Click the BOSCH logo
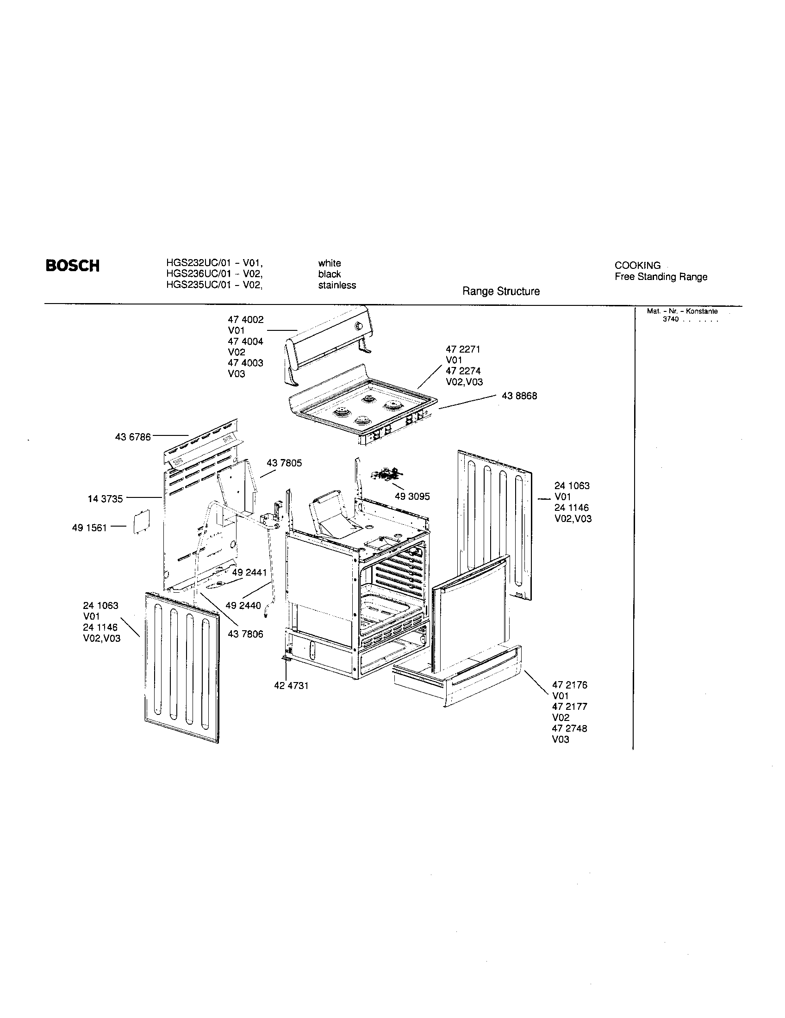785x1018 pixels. (72, 266)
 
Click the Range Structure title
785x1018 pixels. (501, 292)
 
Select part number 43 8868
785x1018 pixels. (519, 396)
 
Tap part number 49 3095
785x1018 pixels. (412, 497)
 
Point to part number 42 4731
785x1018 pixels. (291, 686)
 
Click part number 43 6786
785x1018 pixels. (133, 437)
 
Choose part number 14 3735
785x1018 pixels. (106, 499)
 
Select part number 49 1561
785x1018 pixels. (89, 528)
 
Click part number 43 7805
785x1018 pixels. (284, 463)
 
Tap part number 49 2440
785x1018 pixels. (243, 606)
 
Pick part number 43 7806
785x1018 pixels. (245, 634)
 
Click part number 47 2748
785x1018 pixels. (569, 728)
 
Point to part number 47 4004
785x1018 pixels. (245, 341)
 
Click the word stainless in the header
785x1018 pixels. (336, 285)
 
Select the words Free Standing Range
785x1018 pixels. (660, 277)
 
